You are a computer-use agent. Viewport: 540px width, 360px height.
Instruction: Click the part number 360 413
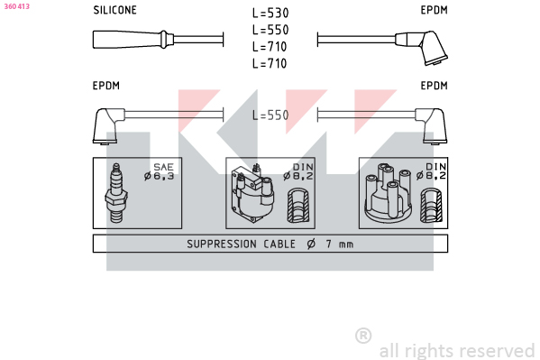(17, 6)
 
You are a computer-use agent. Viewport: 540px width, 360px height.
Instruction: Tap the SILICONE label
(114, 10)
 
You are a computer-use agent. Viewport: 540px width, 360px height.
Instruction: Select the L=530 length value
(270, 14)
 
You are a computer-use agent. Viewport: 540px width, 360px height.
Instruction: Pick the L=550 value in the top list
(270, 30)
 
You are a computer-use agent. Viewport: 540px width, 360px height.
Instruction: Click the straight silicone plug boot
(133, 40)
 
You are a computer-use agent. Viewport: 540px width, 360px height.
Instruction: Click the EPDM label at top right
(434, 10)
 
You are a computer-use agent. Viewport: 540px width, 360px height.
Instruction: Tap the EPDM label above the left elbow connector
(106, 86)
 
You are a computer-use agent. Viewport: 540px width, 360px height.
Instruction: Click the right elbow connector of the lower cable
(432, 125)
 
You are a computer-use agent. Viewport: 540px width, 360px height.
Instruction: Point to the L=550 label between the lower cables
(270, 115)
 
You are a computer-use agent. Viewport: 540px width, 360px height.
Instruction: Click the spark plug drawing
(116, 193)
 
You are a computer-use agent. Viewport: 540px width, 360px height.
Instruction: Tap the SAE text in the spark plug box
(163, 167)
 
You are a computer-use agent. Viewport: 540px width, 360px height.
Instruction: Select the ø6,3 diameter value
(159, 176)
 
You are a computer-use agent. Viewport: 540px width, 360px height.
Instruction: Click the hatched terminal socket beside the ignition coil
(298, 205)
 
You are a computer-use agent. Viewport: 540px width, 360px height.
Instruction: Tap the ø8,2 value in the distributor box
(431, 176)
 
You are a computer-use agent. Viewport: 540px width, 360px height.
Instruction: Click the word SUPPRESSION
(222, 245)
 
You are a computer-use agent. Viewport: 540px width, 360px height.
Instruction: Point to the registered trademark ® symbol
(363, 336)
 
